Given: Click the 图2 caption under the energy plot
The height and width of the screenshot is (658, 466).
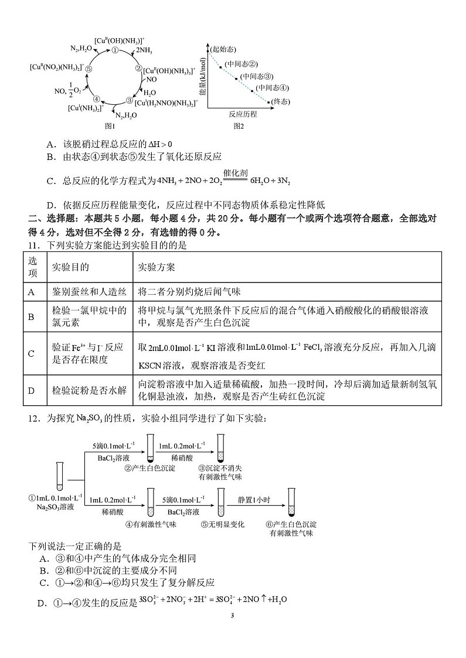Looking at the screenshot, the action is coord(239,125).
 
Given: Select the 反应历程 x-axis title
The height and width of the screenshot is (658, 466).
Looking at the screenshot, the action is coord(243,114).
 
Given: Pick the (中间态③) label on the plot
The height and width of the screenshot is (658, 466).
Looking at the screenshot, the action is coord(257,76).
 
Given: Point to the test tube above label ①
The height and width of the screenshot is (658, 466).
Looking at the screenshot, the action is coord(59,475).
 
